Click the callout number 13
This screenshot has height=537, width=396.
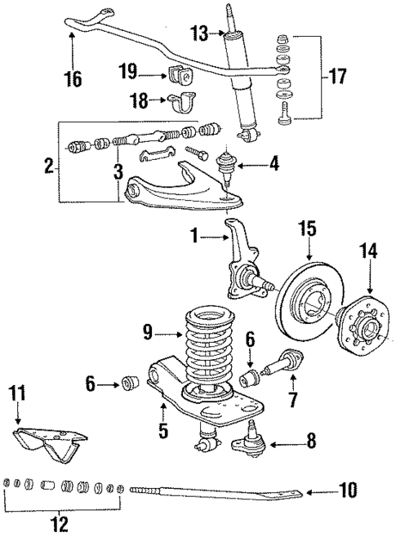[198, 33]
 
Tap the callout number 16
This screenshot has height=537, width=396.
[73, 79]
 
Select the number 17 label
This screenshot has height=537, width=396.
[336, 78]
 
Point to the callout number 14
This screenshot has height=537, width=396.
[370, 252]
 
